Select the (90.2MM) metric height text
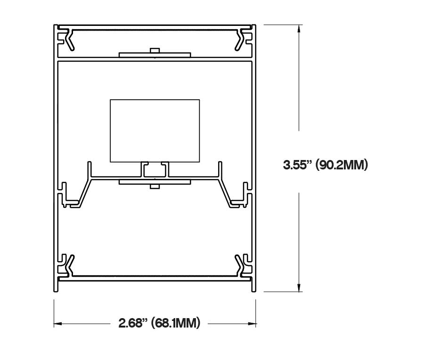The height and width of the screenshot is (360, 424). point(341,165)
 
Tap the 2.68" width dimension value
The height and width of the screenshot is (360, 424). point(133,324)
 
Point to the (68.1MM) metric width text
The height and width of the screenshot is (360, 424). point(176,324)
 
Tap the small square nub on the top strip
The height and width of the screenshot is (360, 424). point(155,50)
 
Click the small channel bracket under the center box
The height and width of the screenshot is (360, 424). point(155,169)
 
